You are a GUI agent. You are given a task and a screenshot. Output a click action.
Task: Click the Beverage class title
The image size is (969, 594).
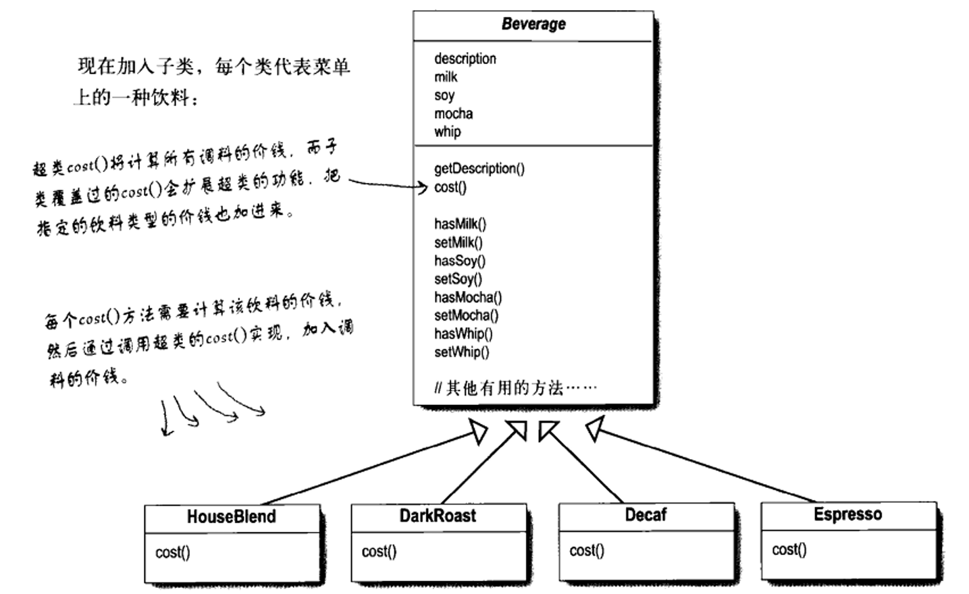533,24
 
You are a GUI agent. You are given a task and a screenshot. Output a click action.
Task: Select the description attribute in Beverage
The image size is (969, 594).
465,59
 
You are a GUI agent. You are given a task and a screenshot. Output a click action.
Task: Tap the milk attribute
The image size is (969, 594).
446,77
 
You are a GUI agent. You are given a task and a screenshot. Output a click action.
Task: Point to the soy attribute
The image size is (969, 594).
444,95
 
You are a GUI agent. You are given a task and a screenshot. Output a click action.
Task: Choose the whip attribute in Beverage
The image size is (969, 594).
447,132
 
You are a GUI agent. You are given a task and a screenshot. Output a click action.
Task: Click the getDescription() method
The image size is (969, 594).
479,169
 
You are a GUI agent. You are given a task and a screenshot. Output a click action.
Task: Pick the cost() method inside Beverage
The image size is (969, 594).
450,187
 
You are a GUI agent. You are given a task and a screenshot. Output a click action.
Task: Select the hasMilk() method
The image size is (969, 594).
460,223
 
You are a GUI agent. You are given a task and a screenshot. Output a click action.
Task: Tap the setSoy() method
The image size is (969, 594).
458,279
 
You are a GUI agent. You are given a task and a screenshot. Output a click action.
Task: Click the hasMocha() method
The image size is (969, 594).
468,297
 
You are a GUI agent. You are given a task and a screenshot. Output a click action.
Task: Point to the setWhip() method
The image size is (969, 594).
461,352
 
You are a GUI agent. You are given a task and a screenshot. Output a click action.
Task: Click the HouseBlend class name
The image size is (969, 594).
231,517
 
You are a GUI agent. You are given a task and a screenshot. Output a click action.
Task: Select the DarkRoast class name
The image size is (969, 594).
438,516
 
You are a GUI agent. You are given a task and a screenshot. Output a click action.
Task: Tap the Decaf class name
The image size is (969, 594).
646,515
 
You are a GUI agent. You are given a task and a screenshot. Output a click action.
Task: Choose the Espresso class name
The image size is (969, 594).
847,514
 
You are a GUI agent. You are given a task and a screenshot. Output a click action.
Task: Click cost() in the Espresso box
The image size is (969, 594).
789,549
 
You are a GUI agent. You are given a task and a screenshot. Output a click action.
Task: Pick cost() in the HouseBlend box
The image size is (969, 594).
172,552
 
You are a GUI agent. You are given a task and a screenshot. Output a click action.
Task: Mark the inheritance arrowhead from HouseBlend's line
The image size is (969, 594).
478,433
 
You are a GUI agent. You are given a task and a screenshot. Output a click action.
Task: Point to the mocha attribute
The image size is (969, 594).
453,113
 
